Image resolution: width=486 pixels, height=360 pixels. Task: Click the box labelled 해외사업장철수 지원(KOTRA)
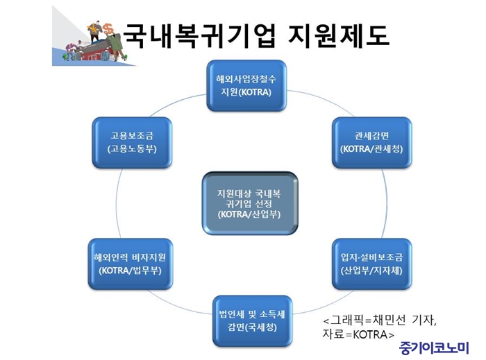coord(246,86)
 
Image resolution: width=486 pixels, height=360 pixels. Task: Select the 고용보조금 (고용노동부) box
coord(132,143)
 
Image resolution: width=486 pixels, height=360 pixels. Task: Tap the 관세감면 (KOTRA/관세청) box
coord(371,143)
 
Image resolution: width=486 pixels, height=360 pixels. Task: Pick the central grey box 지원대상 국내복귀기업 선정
coord(250,203)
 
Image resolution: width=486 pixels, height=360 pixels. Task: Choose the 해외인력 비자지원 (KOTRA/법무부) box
coord(131,264)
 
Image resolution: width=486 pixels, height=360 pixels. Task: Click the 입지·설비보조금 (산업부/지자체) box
coord(371,264)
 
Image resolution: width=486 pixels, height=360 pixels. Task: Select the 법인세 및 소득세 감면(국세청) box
coord(252,321)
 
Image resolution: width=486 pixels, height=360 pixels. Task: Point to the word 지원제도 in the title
coord(338,35)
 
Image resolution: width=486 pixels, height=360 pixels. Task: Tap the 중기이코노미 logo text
coord(433,348)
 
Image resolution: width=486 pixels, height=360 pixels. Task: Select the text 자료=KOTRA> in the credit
coord(358,334)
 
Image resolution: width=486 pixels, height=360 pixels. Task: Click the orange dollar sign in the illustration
coord(108,29)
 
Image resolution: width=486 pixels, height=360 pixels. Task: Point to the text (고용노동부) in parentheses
coord(132,149)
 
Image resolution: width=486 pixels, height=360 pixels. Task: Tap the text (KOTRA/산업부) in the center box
coord(249,214)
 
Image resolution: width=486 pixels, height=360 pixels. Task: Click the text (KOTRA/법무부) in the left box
coord(131,271)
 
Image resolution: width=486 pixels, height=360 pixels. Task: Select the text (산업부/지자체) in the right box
coord(371,271)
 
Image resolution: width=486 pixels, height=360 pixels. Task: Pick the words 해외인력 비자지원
coord(131,257)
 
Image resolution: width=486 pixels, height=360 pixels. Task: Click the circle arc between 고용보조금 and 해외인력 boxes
coord(117,203)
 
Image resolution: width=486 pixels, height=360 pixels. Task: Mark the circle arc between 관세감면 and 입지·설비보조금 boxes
coord(387,203)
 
